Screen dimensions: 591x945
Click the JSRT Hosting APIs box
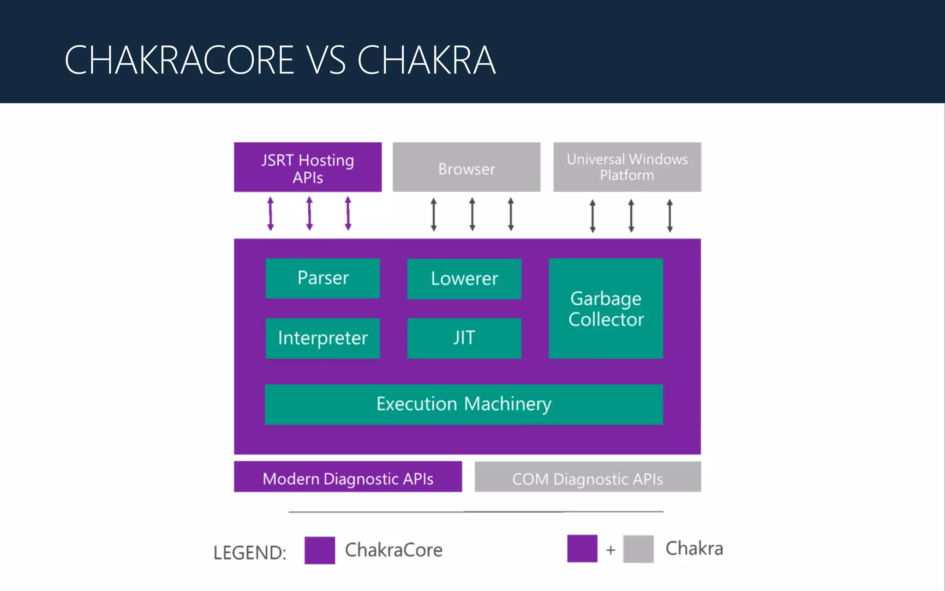point(308,167)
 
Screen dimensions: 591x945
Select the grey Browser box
point(467,167)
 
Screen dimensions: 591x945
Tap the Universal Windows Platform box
point(627,167)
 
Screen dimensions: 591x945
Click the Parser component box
point(323,278)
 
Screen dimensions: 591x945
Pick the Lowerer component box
point(464,279)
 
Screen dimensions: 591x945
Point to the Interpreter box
point(323,338)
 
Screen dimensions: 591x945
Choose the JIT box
point(464,338)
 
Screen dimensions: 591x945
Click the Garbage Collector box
point(606,308)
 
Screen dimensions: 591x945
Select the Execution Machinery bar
point(464,404)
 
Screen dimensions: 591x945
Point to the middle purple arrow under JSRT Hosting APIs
point(310,213)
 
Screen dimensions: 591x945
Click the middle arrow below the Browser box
point(472,214)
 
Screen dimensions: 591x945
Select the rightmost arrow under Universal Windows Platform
point(670,216)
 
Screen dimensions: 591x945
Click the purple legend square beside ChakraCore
point(320,550)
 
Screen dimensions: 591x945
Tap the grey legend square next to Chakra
point(638,549)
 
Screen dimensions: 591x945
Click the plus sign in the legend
point(610,550)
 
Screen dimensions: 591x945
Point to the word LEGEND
point(250,553)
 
